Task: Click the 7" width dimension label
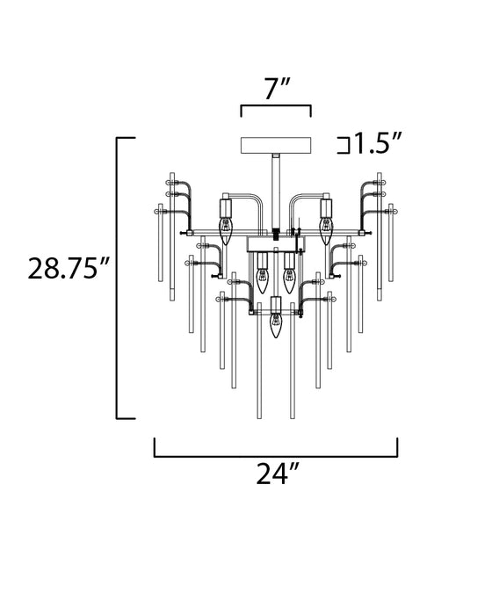tap(275, 90)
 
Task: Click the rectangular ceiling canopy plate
tap(275, 143)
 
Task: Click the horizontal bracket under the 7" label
tap(275, 110)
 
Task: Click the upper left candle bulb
tap(225, 232)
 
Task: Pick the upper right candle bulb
tap(326, 232)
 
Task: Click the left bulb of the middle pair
tap(261, 279)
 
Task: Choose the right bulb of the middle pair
tap(288, 279)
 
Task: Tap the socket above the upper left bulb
tap(225, 209)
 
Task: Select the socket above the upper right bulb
tap(326, 209)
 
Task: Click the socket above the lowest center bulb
tap(275, 307)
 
